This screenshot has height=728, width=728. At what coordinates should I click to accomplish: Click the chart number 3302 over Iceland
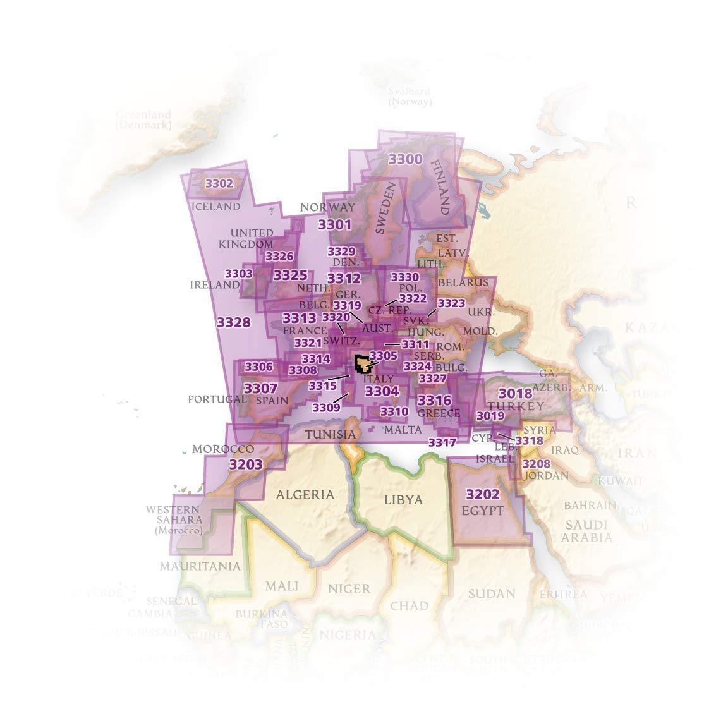pos(219,184)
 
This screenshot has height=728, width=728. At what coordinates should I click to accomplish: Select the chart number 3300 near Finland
pos(405,159)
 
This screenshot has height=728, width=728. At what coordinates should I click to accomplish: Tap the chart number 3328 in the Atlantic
pos(233,322)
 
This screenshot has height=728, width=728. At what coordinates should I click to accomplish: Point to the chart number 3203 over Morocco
pos(245,464)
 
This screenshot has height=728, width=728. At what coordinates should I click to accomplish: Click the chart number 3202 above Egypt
pos(482,494)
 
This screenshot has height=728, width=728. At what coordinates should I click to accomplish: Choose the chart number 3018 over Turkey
pos(515,394)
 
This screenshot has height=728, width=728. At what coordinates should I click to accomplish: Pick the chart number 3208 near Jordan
pos(537,464)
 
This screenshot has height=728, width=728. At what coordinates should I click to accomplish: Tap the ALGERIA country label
pos(305,494)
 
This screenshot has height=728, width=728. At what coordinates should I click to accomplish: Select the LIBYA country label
pos(403,499)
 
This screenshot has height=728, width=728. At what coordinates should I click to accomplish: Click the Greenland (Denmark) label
pos(143,119)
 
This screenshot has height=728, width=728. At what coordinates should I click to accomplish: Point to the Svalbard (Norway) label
pos(409,96)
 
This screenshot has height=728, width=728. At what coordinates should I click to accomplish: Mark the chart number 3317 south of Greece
pos(442,442)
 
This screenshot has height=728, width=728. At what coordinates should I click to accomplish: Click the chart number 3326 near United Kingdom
pos(279,256)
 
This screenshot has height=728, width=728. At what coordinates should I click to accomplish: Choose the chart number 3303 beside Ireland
pos(239,274)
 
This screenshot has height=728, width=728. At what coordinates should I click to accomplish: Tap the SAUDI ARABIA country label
pos(587,531)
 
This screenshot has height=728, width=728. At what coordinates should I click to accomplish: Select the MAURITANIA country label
pos(200,566)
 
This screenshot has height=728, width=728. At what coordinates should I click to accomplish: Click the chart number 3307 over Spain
pos(260,387)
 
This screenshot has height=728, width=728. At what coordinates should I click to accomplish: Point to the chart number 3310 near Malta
pos(394,412)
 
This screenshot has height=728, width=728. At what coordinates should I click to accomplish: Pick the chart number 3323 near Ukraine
pos(451,303)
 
